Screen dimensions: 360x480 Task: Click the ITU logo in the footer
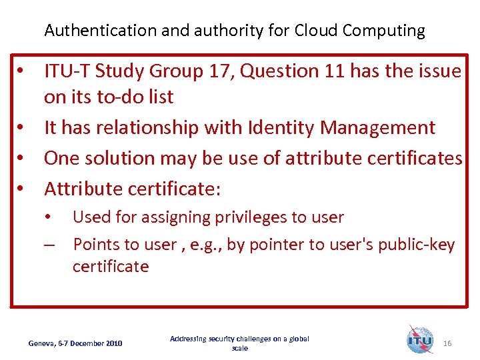point(420,339)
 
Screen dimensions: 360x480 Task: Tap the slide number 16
point(447,343)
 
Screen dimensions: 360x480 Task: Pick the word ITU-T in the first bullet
point(66,71)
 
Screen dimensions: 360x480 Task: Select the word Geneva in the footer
point(43,343)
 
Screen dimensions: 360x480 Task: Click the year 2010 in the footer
point(114,343)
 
